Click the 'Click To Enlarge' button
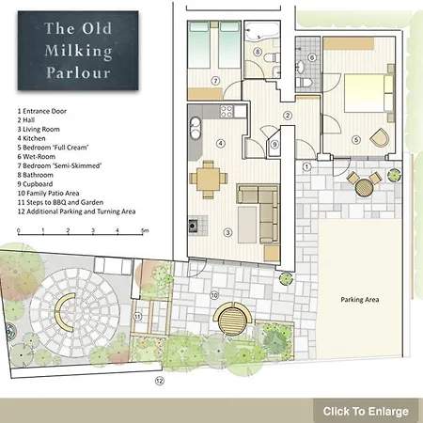point(366,411)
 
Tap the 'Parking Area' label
point(360,300)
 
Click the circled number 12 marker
point(160,381)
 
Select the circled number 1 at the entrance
point(306,166)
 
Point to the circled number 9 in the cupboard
point(274,145)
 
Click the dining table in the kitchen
point(208,180)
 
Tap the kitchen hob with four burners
point(227,111)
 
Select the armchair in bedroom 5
point(380,137)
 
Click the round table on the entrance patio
point(365,187)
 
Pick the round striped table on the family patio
point(232,321)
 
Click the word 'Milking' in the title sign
point(78,51)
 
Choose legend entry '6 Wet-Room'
point(37,157)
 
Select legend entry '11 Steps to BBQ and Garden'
point(60,202)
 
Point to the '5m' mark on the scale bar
point(145,230)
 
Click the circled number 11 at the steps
point(137,317)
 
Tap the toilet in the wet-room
point(304,83)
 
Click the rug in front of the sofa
point(247,225)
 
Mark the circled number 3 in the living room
point(227,232)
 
